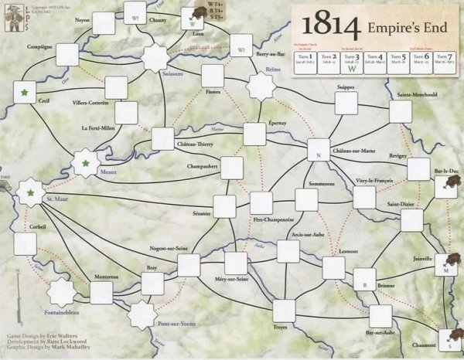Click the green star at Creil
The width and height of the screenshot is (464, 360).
pyautogui.click(x=26, y=93)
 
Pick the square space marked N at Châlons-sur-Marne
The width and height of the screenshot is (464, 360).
pyautogui.click(x=319, y=151)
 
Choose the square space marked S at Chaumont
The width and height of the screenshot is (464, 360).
pyautogui.click(x=449, y=337)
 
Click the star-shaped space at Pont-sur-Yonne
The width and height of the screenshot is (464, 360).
pyautogui.click(x=142, y=314)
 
